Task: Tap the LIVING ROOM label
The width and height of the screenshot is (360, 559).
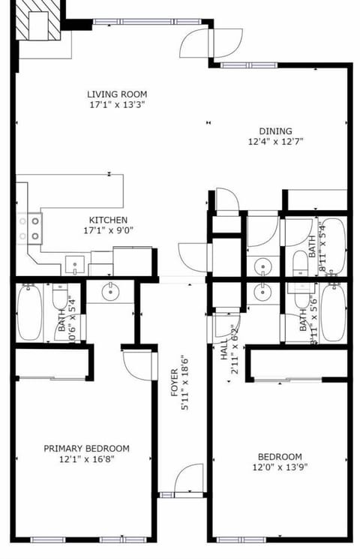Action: pyautogui.click(x=117, y=95)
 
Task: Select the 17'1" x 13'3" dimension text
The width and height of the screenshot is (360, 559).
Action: pyautogui.click(x=117, y=106)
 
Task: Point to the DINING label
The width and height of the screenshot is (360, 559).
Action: pyautogui.click(x=276, y=131)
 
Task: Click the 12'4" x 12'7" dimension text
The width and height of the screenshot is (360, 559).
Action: pyautogui.click(x=276, y=141)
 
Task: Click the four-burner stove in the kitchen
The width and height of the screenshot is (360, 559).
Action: pyautogui.click(x=31, y=228)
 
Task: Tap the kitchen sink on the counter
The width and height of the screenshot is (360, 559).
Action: pyautogui.click(x=75, y=265)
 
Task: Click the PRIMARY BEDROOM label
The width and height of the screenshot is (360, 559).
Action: pyautogui.click(x=86, y=449)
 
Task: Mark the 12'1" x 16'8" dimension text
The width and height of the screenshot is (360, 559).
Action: pyautogui.click(x=86, y=460)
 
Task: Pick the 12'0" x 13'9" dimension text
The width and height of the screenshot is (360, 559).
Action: pyautogui.click(x=280, y=468)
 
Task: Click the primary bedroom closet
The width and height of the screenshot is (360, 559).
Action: pyautogui.click(x=51, y=363)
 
